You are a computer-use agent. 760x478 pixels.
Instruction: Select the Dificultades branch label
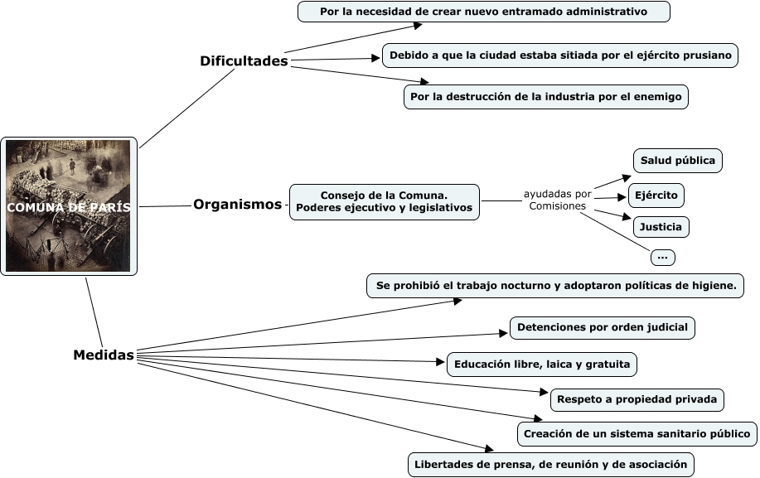pyautogui.click(x=244, y=61)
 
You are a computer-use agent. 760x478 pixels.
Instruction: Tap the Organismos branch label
pyautogui.click(x=237, y=205)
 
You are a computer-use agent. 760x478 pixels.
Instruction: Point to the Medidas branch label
pyautogui.click(x=104, y=355)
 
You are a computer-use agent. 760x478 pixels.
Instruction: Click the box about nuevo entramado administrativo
pyautogui.click(x=483, y=12)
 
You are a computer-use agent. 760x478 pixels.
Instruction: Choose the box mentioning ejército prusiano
pyautogui.click(x=559, y=56)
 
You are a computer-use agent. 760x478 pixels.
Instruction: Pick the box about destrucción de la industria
pyautogui.click(x=545, y=97)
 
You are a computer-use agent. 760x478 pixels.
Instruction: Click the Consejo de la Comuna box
pyautogui.click(x=385, y=201)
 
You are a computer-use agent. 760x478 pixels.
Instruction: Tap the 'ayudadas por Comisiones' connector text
pyautogui.click(x=557, y=200)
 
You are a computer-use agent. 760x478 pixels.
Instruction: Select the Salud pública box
pyautogui.click(x=677, y=161)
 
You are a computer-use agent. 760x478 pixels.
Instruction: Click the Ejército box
pyautogui.click(x=656, y=196)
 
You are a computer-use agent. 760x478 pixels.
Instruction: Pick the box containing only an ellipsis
pyautogui.click(x=662, y=258)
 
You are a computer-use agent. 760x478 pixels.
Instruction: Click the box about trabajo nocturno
pyautogui.click(x=555, y=286)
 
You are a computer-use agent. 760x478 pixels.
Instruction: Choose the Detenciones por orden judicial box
pyautogui.click(x=602, y=327)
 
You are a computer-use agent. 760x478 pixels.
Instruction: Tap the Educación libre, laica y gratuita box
pyautogui.click(x=542, y=364)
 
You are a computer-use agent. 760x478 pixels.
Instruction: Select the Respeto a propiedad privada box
pyautogui.click(x=637, y=399)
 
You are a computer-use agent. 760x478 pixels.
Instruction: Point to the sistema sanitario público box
pyautogui.click(x=637, y=433)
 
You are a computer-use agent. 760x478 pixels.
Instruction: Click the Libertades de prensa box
pyautogui.click(x=550, y=464)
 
